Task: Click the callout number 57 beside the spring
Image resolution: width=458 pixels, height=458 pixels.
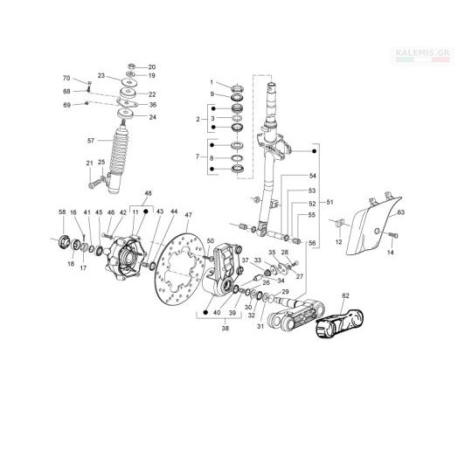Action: click(91, 141)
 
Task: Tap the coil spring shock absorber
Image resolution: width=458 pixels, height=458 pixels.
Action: click(117, 156)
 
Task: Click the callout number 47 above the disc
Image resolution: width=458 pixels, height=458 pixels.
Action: click(189, 215)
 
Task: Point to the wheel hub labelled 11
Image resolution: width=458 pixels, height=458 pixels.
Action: click(123, 258)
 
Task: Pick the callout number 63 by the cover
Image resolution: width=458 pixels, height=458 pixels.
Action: click(400, 212)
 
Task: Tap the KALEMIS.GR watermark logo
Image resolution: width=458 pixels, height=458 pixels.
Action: click(423, 55)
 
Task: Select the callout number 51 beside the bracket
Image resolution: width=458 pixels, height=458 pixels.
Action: click(330, 202)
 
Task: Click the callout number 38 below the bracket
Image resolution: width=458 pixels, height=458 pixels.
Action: click(225, 328)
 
